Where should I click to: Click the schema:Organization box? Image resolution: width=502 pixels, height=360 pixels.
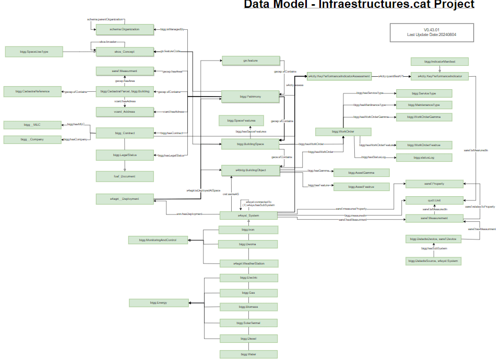[x=125, y=29]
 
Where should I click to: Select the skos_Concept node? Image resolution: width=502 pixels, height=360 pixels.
[x=125, y=52]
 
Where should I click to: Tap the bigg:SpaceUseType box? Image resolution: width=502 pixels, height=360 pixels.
[x=34, y=51]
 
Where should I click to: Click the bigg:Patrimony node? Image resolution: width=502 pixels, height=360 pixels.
[x=250, y=97]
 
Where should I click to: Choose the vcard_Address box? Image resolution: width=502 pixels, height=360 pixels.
[x=125, y=112]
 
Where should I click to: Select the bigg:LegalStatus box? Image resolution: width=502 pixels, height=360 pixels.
[x=125, y=155]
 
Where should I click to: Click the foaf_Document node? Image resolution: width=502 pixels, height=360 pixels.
[x=125, y=176]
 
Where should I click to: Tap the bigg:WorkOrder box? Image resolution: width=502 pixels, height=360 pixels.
[x=343, y=131]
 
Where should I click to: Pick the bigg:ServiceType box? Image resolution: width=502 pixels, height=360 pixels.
[x=424, y=93]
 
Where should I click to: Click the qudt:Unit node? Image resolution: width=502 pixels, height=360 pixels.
[x=434, y=200]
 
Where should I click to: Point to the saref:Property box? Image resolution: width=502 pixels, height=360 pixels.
[x=434, y=184]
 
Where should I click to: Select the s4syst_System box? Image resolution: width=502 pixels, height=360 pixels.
[x=248, y=215]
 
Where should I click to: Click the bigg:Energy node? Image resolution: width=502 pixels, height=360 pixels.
[x=158, y=303]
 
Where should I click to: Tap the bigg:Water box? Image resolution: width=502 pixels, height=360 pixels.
[x=248, y=354]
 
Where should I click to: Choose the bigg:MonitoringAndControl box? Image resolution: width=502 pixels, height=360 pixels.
[x=158, y=240]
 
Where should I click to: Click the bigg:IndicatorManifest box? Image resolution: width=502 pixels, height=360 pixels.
[x=439, y=62]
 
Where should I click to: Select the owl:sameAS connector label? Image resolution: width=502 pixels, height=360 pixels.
[x=231, y=193]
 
